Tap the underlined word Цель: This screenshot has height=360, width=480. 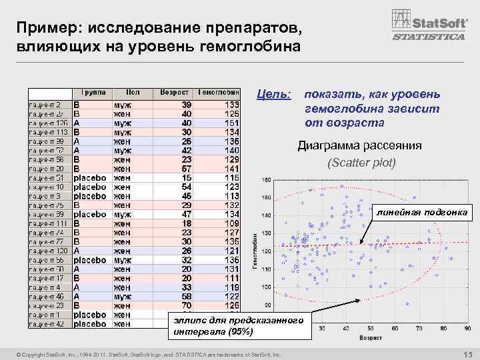click(x=274, y=97)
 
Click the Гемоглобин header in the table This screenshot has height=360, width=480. click(x=219, y=92)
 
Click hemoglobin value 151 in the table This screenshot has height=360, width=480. click(x=231, y=123)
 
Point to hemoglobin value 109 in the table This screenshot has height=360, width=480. click(x=231, y=224)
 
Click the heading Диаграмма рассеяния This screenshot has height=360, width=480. click(x=359, y=145)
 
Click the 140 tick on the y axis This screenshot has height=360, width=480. click(x=267, y=215)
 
